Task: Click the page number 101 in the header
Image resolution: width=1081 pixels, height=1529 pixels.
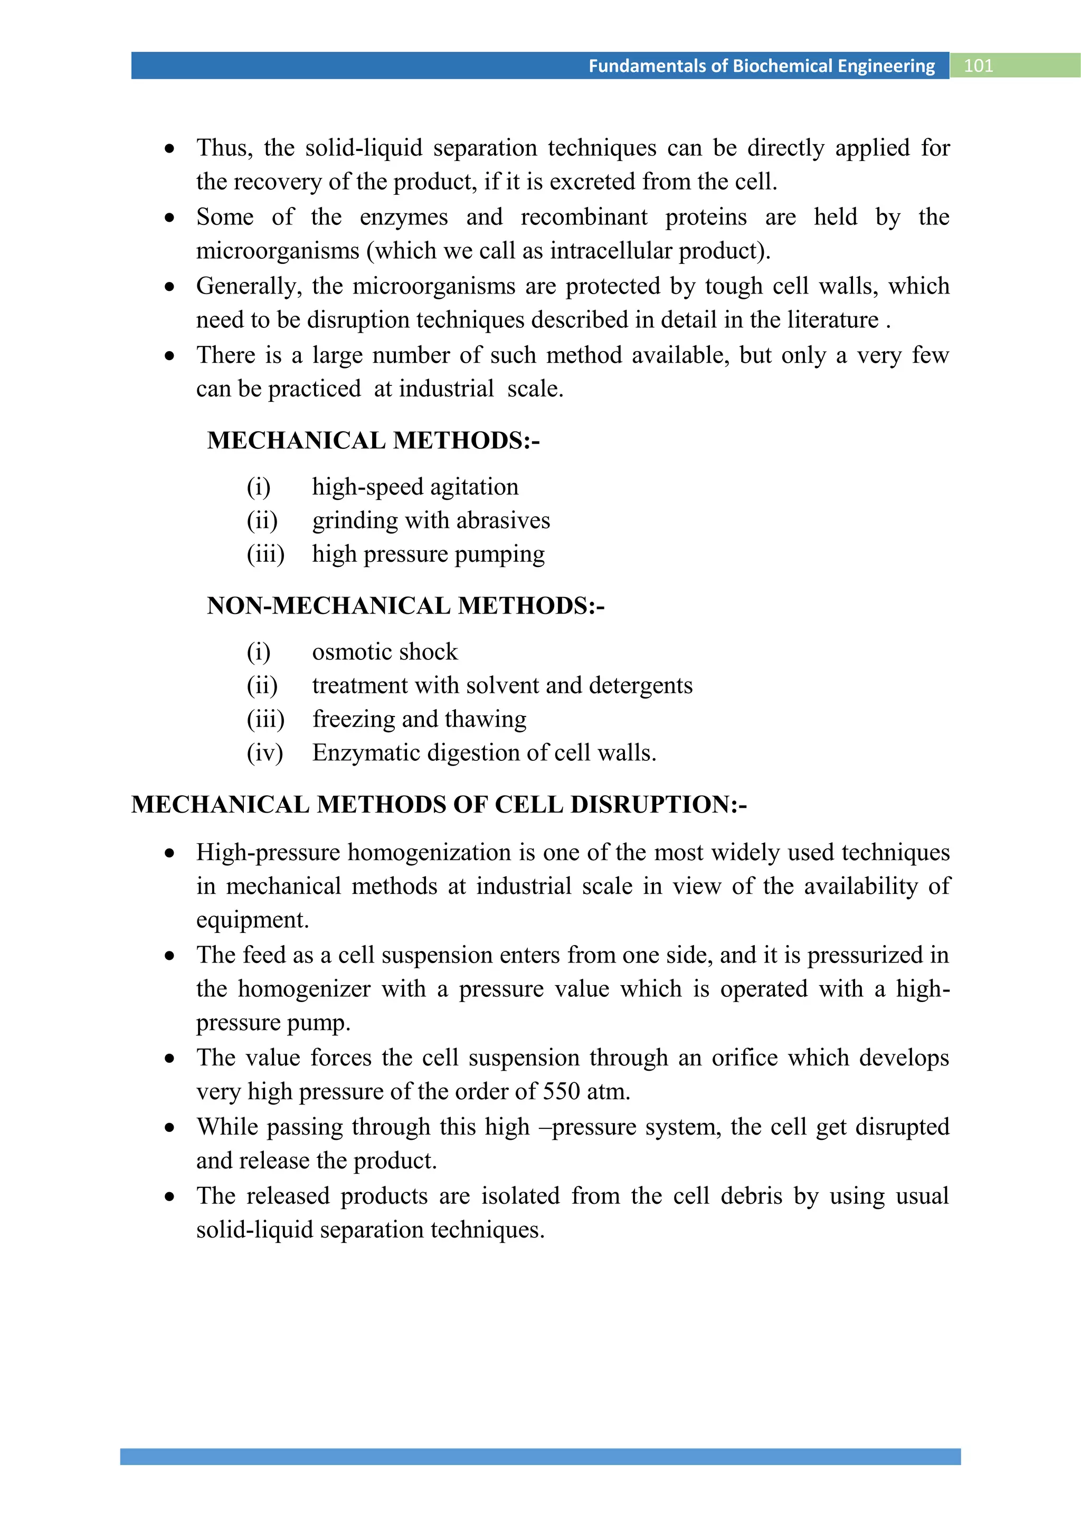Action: tap(978, 66)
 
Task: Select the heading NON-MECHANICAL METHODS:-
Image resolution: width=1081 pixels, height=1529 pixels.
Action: tap(405, 606)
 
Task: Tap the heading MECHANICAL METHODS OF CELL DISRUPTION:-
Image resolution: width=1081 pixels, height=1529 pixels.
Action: tap(439, 805)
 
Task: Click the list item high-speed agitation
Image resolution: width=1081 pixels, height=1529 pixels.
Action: tap(415, 487)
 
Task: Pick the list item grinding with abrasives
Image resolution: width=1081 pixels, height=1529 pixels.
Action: tap(431, 520)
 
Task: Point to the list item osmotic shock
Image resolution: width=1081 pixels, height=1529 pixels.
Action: tap(385, 652)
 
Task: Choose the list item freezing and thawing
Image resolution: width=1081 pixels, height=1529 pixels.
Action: tap(419, 719)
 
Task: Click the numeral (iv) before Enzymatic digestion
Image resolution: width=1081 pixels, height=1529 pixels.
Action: tap(265, 752)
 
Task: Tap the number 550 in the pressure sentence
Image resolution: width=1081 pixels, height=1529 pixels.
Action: tap(561, 1091)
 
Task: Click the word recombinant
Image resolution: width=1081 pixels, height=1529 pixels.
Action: tap(584, 217)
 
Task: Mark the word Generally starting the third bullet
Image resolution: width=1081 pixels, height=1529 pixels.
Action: tap(248, 286)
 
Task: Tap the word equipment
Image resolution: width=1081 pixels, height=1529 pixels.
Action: tap(252, 920)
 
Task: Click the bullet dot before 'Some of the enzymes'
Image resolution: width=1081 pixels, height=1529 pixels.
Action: tap(170, 218)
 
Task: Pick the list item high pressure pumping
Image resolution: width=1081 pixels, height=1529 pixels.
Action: tap(428, 554)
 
